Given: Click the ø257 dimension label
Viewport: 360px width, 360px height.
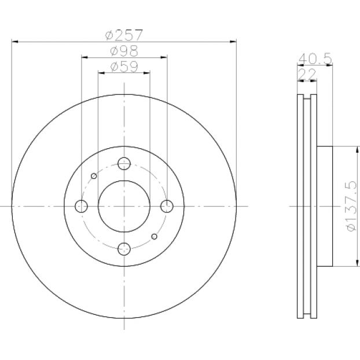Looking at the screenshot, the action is tap(124, 35).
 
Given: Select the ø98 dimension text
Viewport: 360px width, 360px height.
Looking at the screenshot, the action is tap(124, 51).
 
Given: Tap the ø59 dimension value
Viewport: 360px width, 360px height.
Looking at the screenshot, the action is tap(124, 67).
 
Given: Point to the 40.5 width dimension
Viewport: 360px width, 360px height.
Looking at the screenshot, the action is tap(315, 58).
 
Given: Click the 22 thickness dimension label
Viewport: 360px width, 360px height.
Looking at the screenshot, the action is tap(307, 74).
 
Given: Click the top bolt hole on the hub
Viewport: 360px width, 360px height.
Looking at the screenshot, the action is tap(124, 163).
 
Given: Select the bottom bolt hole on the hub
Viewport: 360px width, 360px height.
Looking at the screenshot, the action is tap(124, 249).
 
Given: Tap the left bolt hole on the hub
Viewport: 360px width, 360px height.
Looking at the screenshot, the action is tap(81, 206).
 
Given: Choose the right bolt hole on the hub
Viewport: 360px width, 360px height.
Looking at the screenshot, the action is tap(167, 206).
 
